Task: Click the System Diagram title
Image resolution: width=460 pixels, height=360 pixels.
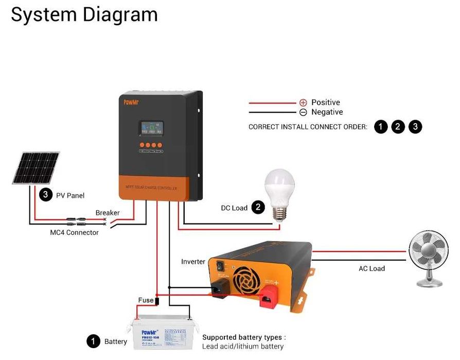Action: pyautogui.click(x=84, y=14)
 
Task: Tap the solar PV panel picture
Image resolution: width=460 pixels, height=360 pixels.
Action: pyautogui.click(x=36, y=167)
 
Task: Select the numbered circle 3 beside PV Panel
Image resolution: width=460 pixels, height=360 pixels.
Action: pyautogui.click(x=46, y=195)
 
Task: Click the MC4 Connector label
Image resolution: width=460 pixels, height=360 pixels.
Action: pyautogui.click(x=74, y=232)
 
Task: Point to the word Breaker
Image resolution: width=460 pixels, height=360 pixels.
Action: pyautogui.click(x=108, y=213)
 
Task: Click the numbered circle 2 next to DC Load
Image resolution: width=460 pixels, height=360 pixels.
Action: pyautogui.click(x=257, y=208)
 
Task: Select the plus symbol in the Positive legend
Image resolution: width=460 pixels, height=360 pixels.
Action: pyautogui.click(x=303, y=103)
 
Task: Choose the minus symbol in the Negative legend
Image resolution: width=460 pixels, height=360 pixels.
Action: pyautogui.click(x=303, y=112)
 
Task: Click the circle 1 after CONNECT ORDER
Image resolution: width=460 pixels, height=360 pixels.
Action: pyautogui.click(x=381, y=127)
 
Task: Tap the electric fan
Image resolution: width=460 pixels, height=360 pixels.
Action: pyautogui.click(x=428, y=259)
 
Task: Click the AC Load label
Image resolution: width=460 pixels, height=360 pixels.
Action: pyautogui.click(x=371, y=268)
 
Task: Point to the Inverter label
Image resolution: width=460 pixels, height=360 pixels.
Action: pyautogui.click(x=193, y=262)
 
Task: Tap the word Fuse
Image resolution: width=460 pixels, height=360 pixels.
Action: pyautogui.click(x=146, y=300)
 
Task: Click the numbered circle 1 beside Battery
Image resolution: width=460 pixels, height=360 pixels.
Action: pyautogui.click(x=93, y=341)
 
